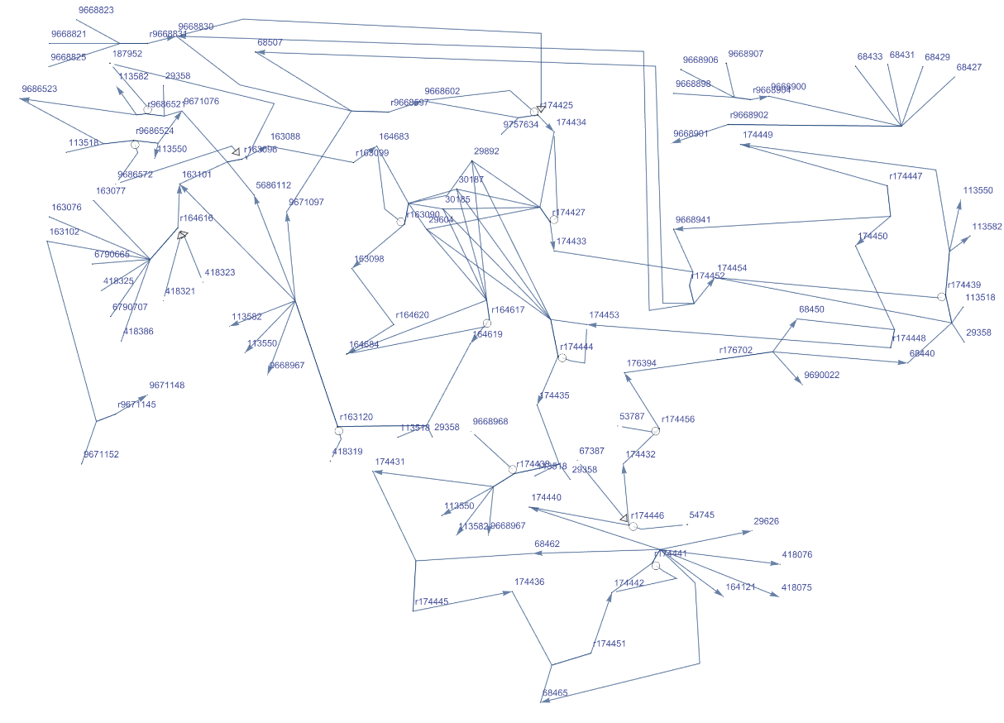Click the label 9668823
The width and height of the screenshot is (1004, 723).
tap(96, 10)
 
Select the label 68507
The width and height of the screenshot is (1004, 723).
tap(270, 41)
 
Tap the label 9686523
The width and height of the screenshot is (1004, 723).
tap(40, 89)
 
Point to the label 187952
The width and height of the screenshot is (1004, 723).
tap(127, 54)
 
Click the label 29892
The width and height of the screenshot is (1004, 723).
tap(486, 151)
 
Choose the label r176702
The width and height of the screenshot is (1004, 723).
tap(735, 350)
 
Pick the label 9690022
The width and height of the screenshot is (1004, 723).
tap(821, 375)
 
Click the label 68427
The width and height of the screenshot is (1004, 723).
tap(969, 67)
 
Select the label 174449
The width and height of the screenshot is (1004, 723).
tap(758, 134)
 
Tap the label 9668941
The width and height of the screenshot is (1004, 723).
tap(693, 220)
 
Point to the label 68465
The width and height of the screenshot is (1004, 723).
tap(555, 692)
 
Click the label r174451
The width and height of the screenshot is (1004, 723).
tap(609, 644)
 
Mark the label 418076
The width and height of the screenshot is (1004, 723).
tap(796, 554)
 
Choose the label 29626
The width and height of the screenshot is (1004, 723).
tap(766, 521)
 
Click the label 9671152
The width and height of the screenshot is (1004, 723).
tap(101, 454)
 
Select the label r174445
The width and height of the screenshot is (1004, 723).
tap(432, 601)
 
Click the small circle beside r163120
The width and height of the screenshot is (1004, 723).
tap(339, 431)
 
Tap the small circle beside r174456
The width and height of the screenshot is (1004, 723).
tap(655, 431)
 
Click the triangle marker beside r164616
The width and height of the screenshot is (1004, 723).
tap(183, 236)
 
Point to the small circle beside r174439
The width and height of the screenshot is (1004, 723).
tap(941, 296)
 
